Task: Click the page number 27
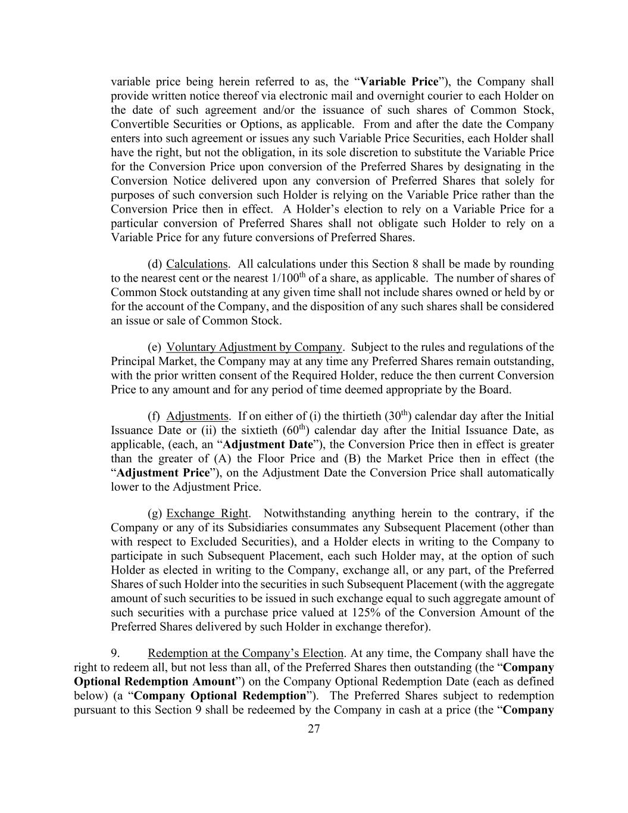click(314, 729)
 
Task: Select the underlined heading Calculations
click(197, 264)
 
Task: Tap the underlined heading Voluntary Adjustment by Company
click(254, 347)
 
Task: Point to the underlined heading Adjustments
click(198, 416)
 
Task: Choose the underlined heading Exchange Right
click(207, 513)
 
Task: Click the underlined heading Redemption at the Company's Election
click(246, 653)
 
